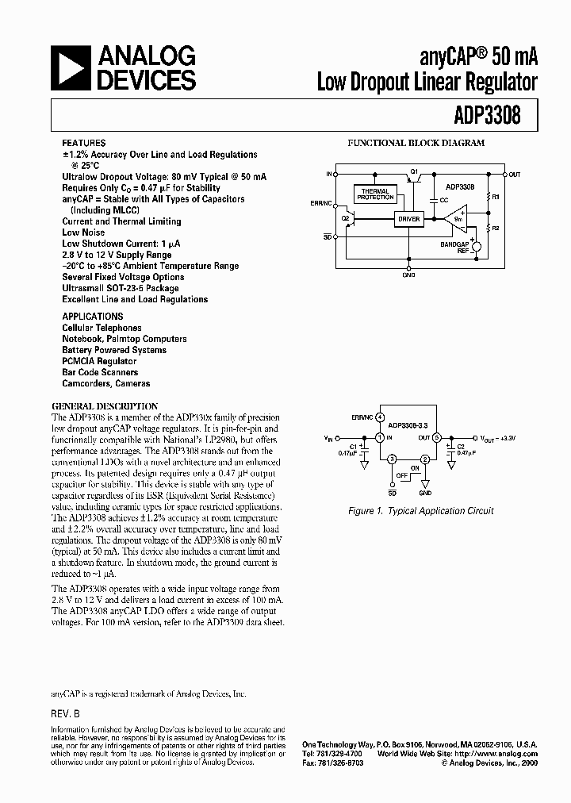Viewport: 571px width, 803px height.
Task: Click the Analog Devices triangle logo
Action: [70, 68]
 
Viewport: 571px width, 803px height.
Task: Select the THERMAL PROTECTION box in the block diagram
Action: [375, 194]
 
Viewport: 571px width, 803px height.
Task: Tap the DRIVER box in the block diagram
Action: [409, 218]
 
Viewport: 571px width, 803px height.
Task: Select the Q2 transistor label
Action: [345, 217]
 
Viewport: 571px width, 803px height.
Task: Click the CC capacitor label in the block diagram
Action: [444, 199]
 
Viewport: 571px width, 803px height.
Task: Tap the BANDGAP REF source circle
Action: [478, 247]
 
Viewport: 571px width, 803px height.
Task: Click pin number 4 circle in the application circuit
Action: [381, 417]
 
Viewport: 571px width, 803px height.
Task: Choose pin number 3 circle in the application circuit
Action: [391, 459]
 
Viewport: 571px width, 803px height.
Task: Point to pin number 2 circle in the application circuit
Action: [425, 459]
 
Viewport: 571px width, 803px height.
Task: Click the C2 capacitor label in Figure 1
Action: [461, 445]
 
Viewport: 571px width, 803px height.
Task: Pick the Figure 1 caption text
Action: [421, 511]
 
